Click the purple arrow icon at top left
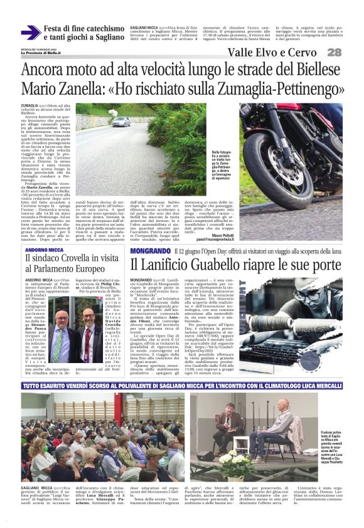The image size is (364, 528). pyautogui.click(x=30, y=33)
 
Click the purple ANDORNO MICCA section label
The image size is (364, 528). pyautogui.click(x=43, y=250)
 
